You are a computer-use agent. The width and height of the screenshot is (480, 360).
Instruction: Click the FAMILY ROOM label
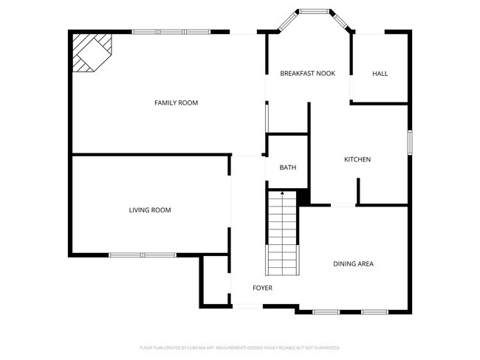pyautogui.click(x=176, y=103)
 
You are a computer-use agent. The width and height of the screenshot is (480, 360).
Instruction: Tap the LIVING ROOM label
pyautogui.click(x=150, y=210)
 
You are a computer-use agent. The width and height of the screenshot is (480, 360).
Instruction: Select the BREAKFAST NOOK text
pyautogui.click(x=308, y=74)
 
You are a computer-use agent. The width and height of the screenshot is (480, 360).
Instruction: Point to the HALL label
pyautogui.click(x=380, y=74)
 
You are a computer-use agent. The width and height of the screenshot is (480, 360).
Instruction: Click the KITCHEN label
pyautogui.click(x=357, y=160)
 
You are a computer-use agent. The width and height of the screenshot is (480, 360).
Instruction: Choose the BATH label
pyautogui.click(x=287, y=167)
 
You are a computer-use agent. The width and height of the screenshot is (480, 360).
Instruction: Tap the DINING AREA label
pyautogui.click(x=353, y=263)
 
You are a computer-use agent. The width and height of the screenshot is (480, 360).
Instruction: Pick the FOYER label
pyautogui.click(x=262, y=288)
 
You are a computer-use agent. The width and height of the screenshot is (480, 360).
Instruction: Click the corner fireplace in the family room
pyautogui.click(x=90, y=52)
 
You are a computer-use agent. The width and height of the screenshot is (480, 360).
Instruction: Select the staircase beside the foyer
pyautogui.click(x=282, y=232)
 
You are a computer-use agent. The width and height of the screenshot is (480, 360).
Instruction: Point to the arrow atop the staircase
pyautogui.click(x=282, y=193)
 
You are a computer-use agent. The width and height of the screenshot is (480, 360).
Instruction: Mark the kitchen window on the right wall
pyautogui.click(x=408, y=142)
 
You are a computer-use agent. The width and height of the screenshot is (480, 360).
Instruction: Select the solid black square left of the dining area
pyautogui.click(x=304, y=198)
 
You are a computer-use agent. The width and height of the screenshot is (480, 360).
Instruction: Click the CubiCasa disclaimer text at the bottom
pyautogui.click(x=240, y=347)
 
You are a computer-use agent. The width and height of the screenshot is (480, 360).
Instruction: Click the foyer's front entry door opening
pyautogui.click(x=247, y=307)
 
